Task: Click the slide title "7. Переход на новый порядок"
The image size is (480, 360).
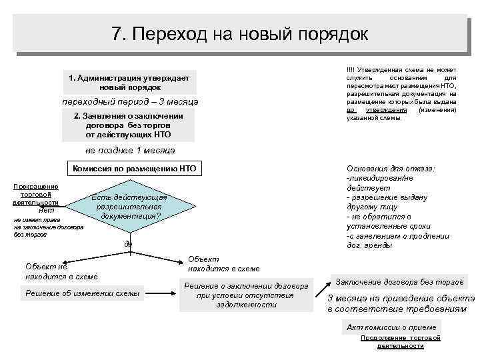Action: pos(240,33)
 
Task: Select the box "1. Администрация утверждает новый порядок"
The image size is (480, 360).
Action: pos(129,83)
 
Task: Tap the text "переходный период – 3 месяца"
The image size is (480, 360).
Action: pos(130,102)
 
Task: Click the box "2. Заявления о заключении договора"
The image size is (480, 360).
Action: pos(128,125)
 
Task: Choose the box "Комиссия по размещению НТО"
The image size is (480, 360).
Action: pos(134,169)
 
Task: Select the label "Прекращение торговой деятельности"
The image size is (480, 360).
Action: pos(35,194)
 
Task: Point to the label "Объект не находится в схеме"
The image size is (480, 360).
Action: pos(61,271)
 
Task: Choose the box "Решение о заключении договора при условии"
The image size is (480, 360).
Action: pos(246,295)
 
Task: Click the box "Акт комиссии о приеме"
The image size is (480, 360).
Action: pos(392,327)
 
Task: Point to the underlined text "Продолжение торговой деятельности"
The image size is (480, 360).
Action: pos(400,342)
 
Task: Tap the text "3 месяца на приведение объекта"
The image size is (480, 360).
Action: pos(401,299)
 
